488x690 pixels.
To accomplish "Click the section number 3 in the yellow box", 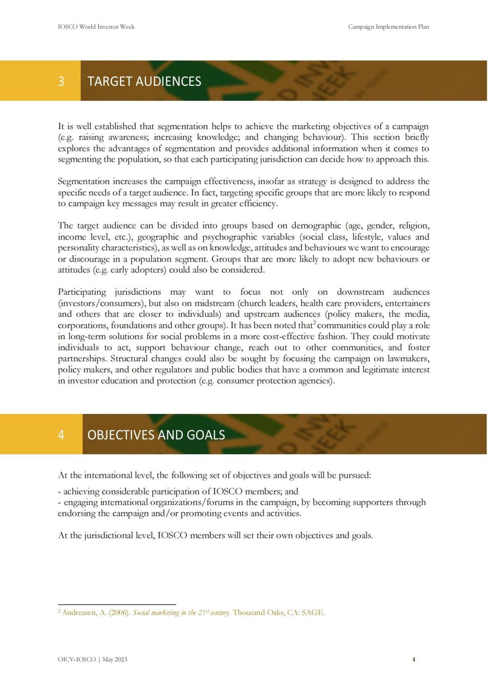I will pos(61,81).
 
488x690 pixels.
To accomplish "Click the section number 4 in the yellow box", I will pos(61,434).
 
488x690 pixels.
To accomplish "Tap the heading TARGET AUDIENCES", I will pos(144,81).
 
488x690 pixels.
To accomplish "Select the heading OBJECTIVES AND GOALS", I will pos(156,434).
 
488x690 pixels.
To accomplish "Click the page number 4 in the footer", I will pos(414,659).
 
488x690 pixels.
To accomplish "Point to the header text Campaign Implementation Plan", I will pos(388,27).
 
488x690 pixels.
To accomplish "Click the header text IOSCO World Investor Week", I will pos(96,27).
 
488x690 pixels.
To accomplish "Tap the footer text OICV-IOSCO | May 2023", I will pos(92,659).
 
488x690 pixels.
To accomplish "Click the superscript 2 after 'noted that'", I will pos(314,323).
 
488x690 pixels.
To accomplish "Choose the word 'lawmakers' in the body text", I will pos(408,359).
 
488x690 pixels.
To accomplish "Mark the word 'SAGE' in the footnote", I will pos(312,612).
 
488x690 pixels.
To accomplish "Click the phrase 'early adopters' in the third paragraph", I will pos(138,270).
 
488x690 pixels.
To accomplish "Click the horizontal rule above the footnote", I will pos(117,604).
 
